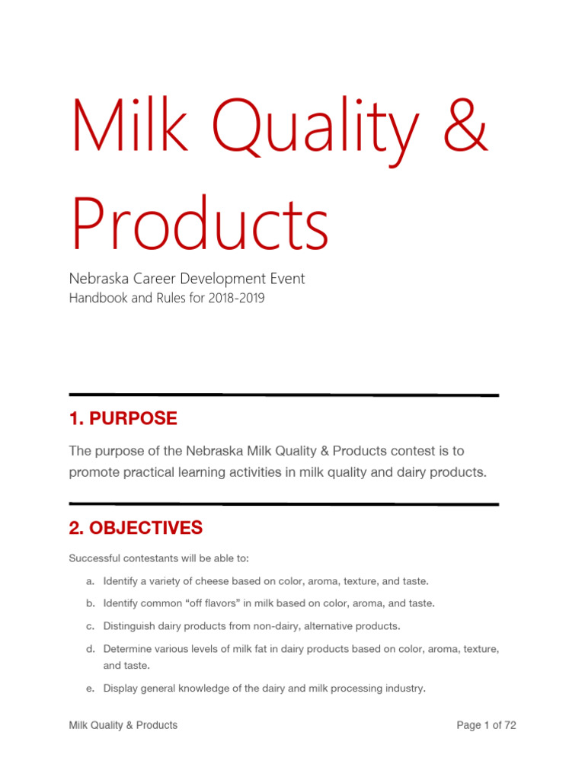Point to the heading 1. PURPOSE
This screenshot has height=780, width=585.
pos(123,418)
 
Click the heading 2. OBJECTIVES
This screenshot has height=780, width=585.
pos(136,527)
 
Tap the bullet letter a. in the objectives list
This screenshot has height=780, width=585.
pos(90,581)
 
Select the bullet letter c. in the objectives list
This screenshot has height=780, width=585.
pos(90,626)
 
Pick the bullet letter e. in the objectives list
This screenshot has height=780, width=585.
pos(90,689)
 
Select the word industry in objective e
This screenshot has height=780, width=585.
pos(402,689)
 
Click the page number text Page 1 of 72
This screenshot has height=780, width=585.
pos(486,725)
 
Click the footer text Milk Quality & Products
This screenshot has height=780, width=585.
pos(123,725)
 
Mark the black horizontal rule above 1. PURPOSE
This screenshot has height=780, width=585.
pos(283,395)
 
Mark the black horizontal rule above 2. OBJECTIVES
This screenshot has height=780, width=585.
pos(283,503)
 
